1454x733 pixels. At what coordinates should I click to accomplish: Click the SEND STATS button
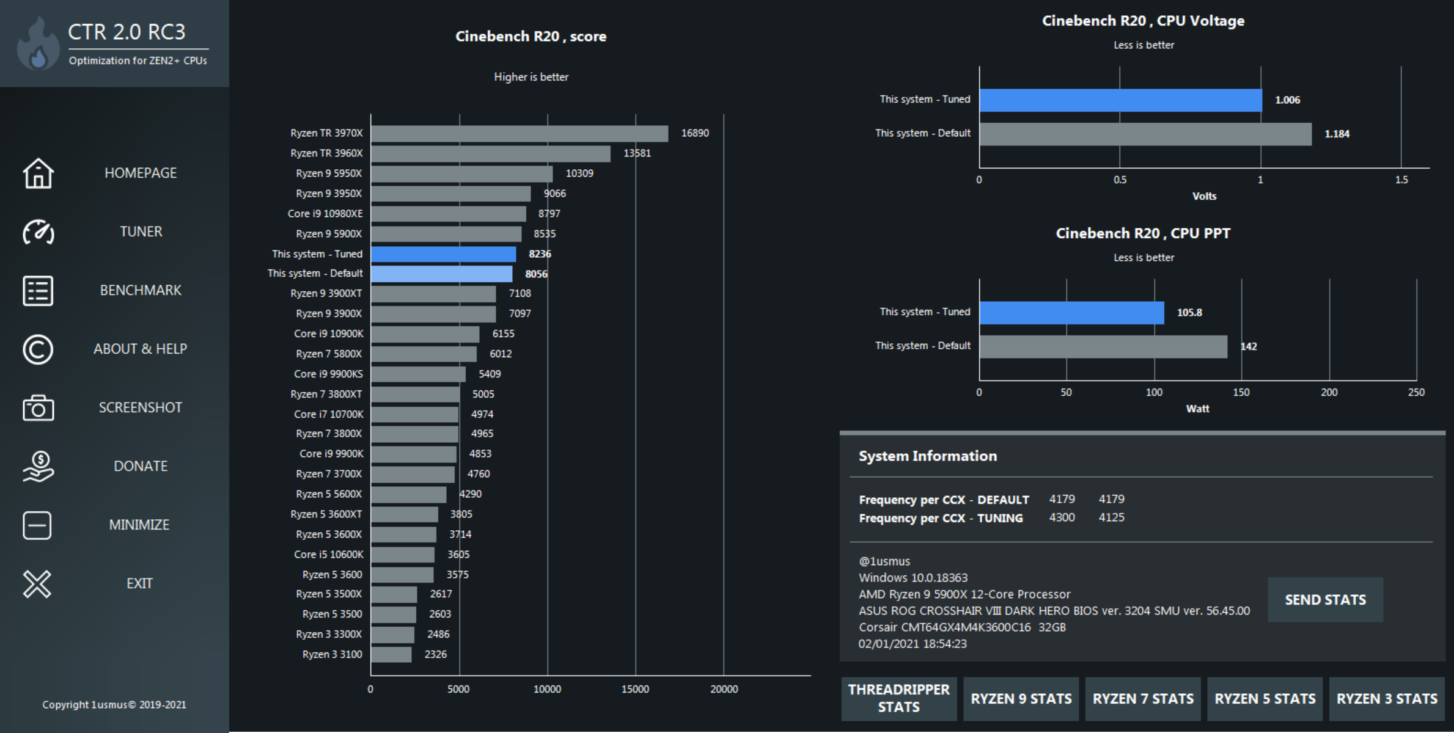(1325, 600)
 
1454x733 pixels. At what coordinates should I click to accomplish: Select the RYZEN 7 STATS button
(1143, 699)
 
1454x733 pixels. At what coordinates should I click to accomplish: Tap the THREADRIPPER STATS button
(898, 698)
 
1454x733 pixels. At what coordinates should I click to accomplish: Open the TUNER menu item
(141, 232)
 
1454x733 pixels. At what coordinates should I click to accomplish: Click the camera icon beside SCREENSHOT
(38, 408)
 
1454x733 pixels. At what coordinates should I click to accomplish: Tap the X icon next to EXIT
(37, 584)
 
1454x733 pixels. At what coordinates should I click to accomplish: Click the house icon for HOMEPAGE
(38, 173)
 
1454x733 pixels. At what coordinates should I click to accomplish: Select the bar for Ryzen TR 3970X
(520, 133)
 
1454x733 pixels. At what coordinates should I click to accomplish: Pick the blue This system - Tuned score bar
(444, 254)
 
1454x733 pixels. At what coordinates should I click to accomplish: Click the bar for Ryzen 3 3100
(391, 655)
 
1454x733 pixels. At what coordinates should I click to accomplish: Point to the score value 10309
(579, 173)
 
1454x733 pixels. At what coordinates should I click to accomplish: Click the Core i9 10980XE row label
(325, 214)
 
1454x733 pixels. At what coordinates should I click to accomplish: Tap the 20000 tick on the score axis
(724, 689)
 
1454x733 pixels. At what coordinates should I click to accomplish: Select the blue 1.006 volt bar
(1120, 100)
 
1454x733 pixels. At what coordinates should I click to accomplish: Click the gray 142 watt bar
(1103, 346)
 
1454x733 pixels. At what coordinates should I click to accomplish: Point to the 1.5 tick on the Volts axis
(1401, 180)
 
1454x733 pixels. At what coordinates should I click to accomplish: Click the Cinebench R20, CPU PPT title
(1143, 233)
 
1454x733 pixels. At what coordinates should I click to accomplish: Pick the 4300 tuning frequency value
(1062, 517)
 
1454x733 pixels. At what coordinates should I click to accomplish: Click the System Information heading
(928, 456)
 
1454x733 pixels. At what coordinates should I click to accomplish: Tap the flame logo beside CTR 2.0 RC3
(38, 44)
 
